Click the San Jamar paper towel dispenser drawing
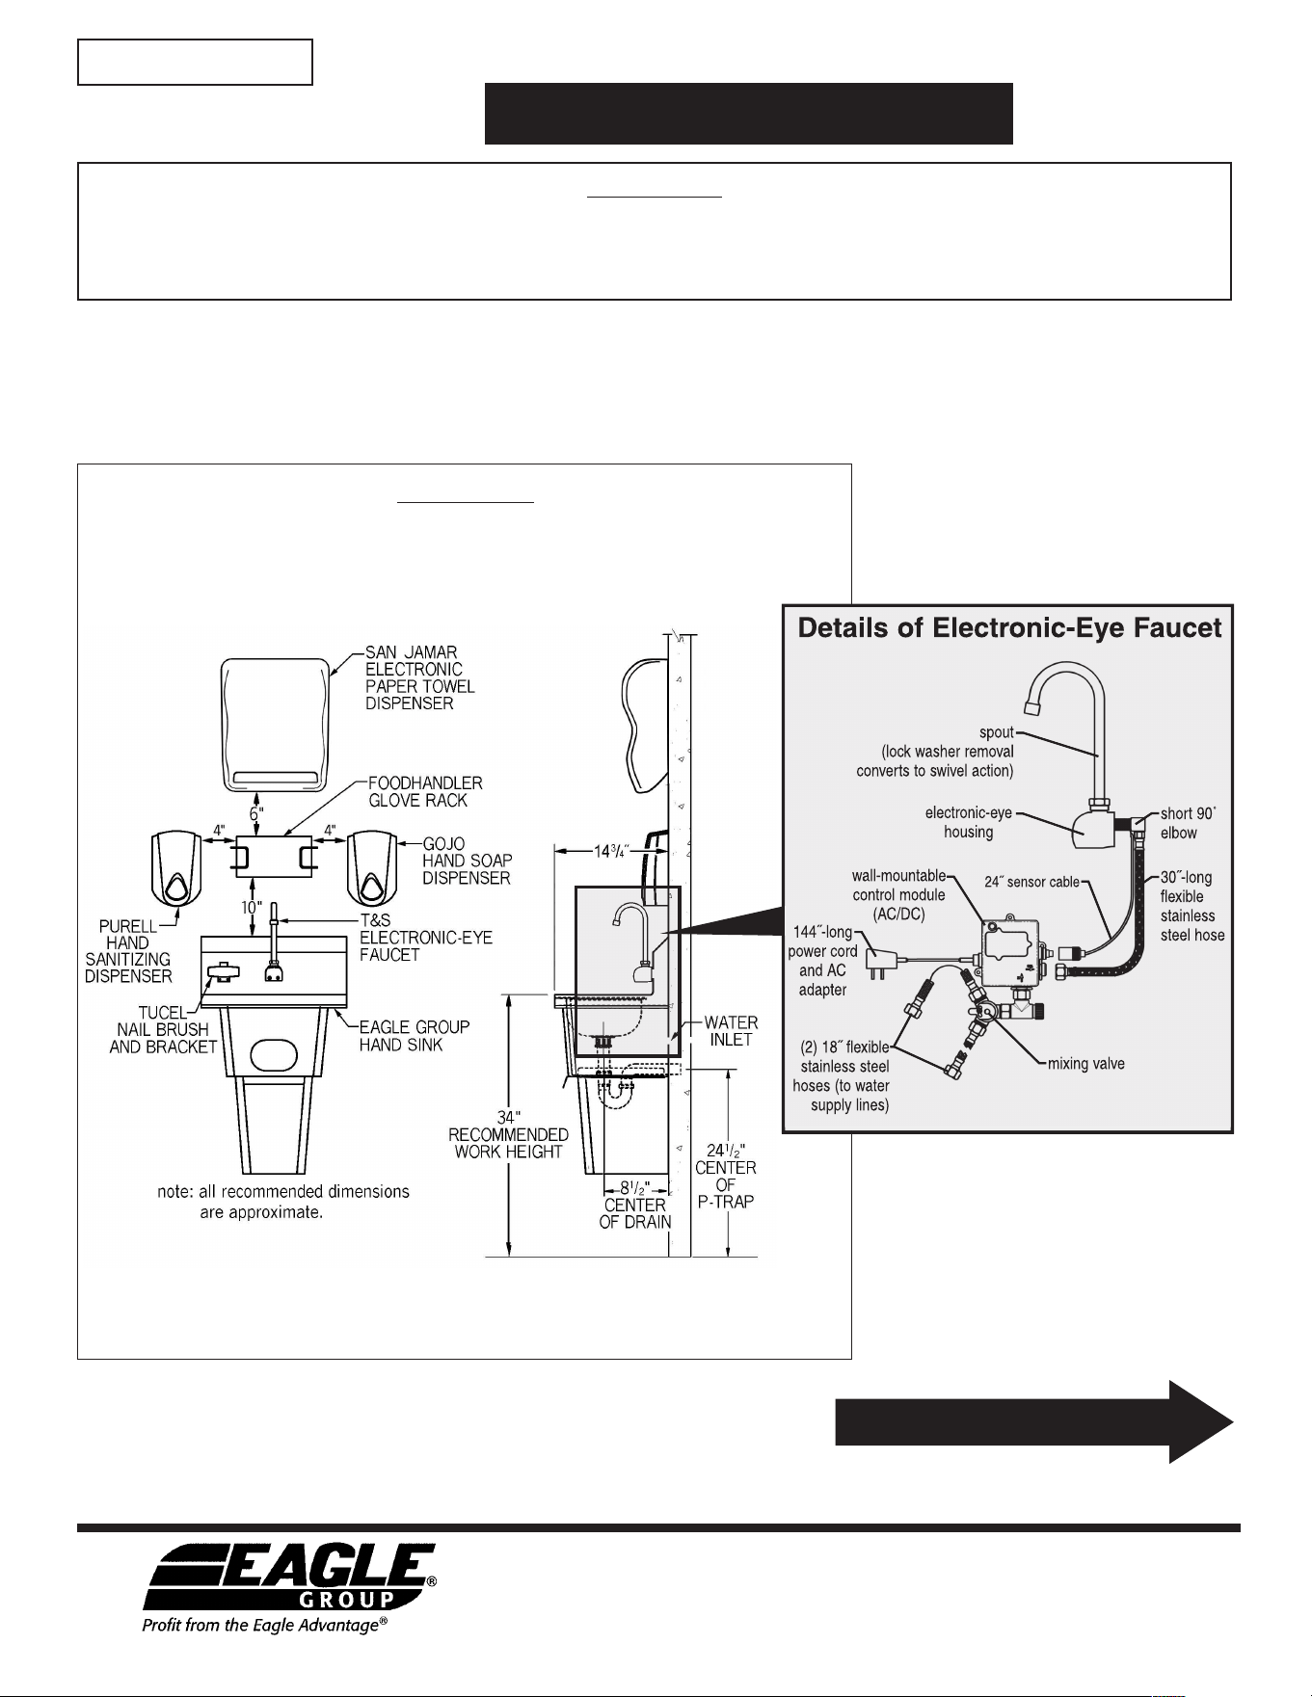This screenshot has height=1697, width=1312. click(276, 723)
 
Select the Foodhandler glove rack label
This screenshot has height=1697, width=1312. click(425, 792)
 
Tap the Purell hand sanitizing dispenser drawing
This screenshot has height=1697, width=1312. click(175, 870)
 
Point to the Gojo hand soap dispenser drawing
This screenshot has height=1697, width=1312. click(372, 870)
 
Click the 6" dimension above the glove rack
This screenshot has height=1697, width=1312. click(255, 814)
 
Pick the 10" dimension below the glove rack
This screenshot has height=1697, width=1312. click(251, 908)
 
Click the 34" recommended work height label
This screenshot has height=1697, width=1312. click(508, 1133)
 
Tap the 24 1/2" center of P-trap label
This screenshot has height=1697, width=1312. click(726, 1176)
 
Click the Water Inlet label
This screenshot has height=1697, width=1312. click(731, 1031)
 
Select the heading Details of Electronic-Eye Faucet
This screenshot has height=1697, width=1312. click(1009, 628)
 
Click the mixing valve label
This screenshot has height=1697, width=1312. click(1086, 1064)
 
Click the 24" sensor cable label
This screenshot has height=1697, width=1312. click(1031, 882)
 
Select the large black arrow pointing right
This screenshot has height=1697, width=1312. click(1033, 1421)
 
